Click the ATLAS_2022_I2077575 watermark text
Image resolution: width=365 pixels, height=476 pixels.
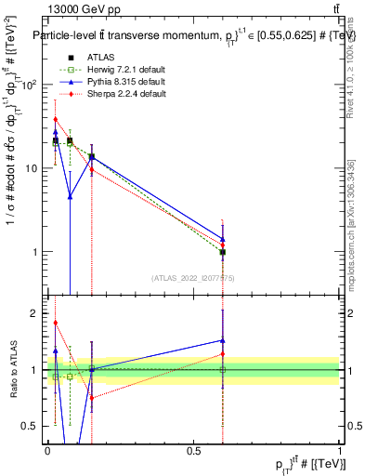pos(192,277)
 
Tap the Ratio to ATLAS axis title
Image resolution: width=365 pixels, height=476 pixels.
pos(12,369)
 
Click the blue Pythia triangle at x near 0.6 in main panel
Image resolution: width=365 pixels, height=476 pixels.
pos(222,239)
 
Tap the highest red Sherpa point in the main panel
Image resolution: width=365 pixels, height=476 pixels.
pos(56,119)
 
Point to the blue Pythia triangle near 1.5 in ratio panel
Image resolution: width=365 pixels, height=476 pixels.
pos(222,340)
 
